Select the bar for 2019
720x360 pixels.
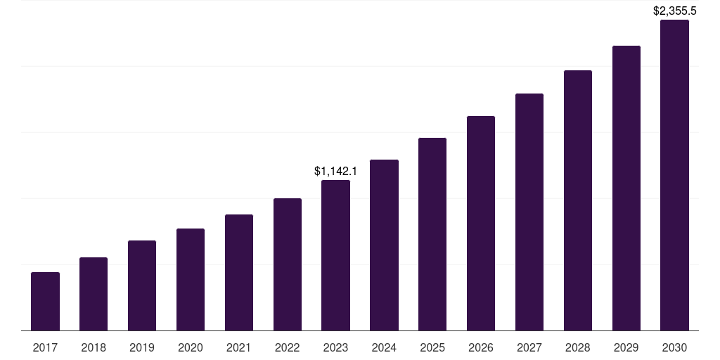(142, 285)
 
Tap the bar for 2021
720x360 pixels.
(239, 272)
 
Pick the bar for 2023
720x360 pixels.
(335, 255)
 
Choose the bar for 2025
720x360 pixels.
(432, 234)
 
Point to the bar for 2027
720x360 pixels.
(529, 212)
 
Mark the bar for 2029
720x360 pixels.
(626, 188)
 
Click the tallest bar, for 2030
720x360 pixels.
(674, 175)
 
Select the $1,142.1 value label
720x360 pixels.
(335, 171)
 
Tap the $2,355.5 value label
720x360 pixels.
(674, 11)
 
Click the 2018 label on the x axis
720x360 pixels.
(94, 347)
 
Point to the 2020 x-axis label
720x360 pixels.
(191, 347)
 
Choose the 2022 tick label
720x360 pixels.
(287, 347)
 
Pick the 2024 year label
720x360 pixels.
(384, 347)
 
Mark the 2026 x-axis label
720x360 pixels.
(481, 347)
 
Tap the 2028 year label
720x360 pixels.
(578, 347)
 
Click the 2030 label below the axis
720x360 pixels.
(674, 347)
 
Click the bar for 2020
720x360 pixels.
(191, 279)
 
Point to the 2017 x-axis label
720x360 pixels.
(45, 347)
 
